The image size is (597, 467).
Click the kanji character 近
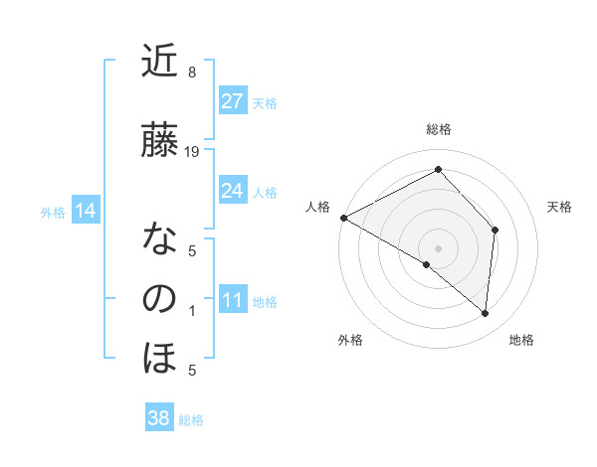pos(159,63)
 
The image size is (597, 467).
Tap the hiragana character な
pos(159,239)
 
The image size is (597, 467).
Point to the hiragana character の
pos(159,298)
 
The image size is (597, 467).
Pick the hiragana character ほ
pos(159,358)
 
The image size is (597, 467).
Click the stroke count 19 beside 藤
pos(192,152)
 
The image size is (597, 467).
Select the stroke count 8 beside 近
pos(192,73)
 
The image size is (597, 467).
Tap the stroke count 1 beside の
pos(192,311)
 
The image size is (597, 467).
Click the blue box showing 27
pos(233,101)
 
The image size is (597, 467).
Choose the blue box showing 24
pos(233,191)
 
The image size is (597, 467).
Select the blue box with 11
pos(233,300)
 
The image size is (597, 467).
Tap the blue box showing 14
pos(86,211)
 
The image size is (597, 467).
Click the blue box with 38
pos(159,418)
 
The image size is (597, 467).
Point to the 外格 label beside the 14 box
pos(53,212)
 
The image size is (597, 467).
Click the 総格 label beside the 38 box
pos(191,420)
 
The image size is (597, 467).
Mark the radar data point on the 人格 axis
pos(343,217)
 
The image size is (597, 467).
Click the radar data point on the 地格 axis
pos(486,314)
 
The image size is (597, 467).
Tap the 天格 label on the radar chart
pos(560,207)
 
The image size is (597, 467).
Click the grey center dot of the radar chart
pos(438,247)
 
